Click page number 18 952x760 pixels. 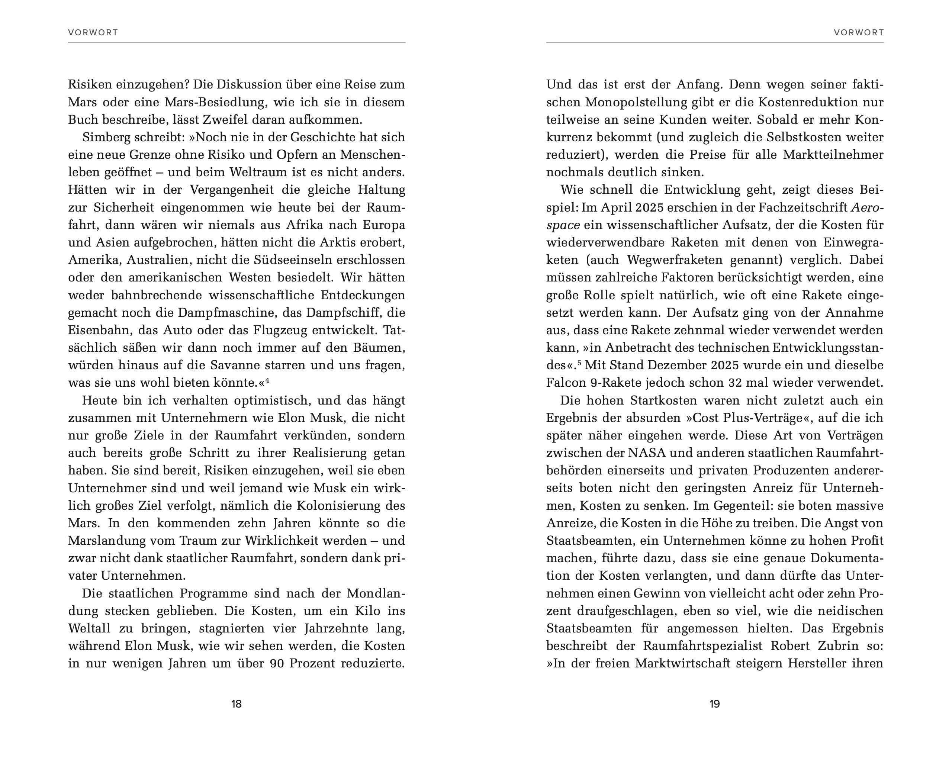click(236, 704)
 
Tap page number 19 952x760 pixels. click(714, 704)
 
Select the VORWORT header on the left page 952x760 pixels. click(93, 33)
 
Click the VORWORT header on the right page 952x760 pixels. click(858, 33)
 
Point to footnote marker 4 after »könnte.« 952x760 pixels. click(267, 380)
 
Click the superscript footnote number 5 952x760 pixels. click(579, 363)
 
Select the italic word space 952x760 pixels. click(563, 226)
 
